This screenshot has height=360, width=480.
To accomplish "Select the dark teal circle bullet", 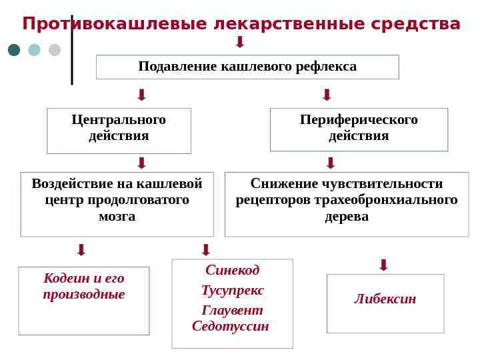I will pos(15,50).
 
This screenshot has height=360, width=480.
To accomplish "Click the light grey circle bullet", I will pos(55,50).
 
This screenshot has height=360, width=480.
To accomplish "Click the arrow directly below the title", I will pos(240,42).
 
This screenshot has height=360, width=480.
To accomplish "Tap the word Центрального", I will pos(119,120).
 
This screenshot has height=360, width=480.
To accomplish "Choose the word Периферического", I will pos(359,120).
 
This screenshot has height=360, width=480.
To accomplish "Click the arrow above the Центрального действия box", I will pos(141,94).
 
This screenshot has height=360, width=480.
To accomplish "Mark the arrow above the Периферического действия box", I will pos(327,94).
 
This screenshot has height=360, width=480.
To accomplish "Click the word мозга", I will pos(117,217).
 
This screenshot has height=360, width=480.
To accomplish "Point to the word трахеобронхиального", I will pos(390,200).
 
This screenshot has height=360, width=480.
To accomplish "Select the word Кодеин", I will pos(64,278).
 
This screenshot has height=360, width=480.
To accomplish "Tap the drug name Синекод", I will pos(232,270).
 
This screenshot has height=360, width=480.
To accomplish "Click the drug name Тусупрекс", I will pos(232,291).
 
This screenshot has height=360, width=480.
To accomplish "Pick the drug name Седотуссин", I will pos(230,327).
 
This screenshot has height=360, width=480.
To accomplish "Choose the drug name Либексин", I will pos(385,299).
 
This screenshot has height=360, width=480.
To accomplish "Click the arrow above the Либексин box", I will pos(383,265).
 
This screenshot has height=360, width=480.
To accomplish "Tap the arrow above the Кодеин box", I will pos(81,250).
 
